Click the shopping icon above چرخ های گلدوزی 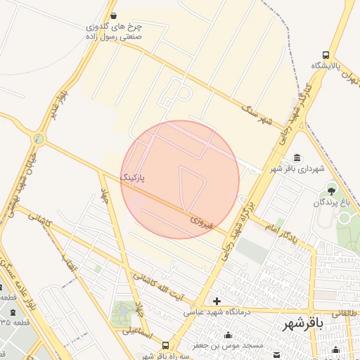point(114,15)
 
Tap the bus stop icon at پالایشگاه point(326,54)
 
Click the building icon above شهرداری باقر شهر point(298,157)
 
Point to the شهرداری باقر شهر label point(297,169)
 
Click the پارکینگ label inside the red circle point(136,179)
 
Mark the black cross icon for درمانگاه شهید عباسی point(217,301)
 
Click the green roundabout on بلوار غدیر point(38,139)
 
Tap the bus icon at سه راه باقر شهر point(165,345)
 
